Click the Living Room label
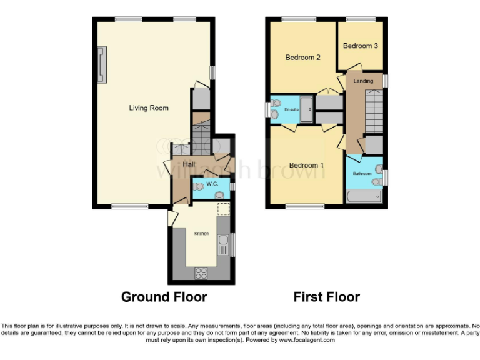149,108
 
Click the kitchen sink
222,240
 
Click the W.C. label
212,184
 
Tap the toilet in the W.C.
199,186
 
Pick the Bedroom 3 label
360,46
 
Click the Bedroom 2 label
303,57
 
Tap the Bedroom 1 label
306,165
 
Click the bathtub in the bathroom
363,197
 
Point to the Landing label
363,81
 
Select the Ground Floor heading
164,297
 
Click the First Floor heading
327,297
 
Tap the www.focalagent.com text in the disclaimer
307,341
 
